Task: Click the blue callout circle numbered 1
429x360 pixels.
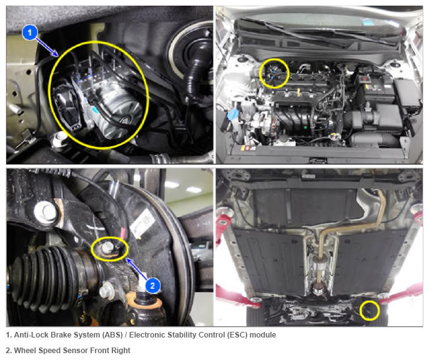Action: click(30, 32)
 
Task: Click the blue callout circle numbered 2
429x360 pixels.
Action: click(152, 286)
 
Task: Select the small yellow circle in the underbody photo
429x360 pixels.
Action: click(369, 311)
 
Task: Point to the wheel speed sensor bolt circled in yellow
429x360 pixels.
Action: click(107, 247)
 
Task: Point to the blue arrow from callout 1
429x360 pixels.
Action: click(47, 47)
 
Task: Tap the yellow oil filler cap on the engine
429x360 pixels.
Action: click(334, 136)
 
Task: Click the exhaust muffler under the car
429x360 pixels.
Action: click(318, 266)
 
